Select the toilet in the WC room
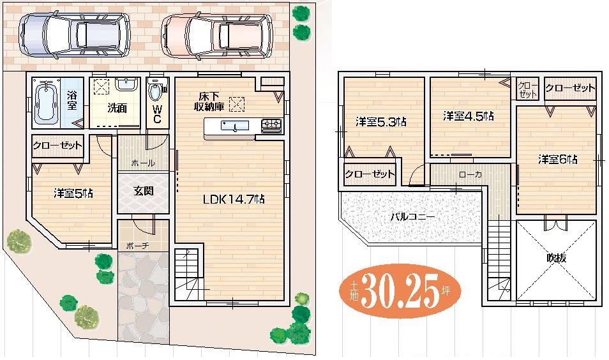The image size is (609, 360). [155, 93]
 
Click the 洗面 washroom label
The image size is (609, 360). [116, 109]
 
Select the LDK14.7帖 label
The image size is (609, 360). [234, 199]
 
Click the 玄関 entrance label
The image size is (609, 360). [143, 191]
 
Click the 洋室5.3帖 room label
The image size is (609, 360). [381, 122]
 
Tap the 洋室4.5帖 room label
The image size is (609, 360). [469, 116]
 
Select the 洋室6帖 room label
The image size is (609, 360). [557, 159]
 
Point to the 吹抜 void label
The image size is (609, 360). [557, 259]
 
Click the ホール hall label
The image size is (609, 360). [142, 163]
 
